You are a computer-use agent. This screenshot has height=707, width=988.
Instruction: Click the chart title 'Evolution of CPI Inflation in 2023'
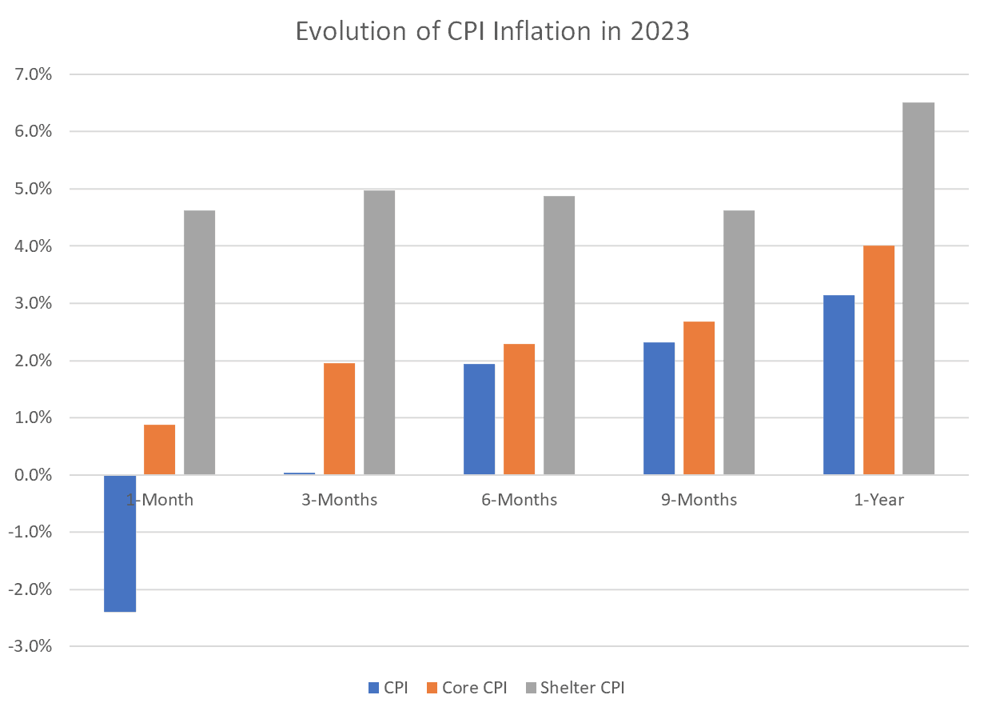pos(492,31)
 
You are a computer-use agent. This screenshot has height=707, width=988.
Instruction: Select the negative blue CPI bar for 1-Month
pos(120,543)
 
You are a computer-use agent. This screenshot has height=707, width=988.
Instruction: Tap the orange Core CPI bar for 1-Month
pos(160,449)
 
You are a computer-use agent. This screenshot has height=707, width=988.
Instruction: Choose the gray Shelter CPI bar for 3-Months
pos(380,332)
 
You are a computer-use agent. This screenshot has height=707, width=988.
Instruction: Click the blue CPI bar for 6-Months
pos(480,419)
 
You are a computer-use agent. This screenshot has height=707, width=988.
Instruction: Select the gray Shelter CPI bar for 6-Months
pos(560,335)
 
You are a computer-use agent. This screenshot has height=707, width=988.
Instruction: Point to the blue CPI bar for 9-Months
pos(659,408)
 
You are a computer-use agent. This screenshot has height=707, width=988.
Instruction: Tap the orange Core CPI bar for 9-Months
pos(699,397)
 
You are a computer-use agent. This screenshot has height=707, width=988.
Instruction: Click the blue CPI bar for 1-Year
pos(839,385)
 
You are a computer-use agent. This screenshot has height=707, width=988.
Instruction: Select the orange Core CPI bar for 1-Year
pos(879,360)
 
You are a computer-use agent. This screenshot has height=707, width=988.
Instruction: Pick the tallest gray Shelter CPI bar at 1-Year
pos(919,288)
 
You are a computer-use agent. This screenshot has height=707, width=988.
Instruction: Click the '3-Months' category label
pos(340,501)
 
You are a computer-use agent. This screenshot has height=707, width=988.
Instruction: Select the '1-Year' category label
pos(879,501)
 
